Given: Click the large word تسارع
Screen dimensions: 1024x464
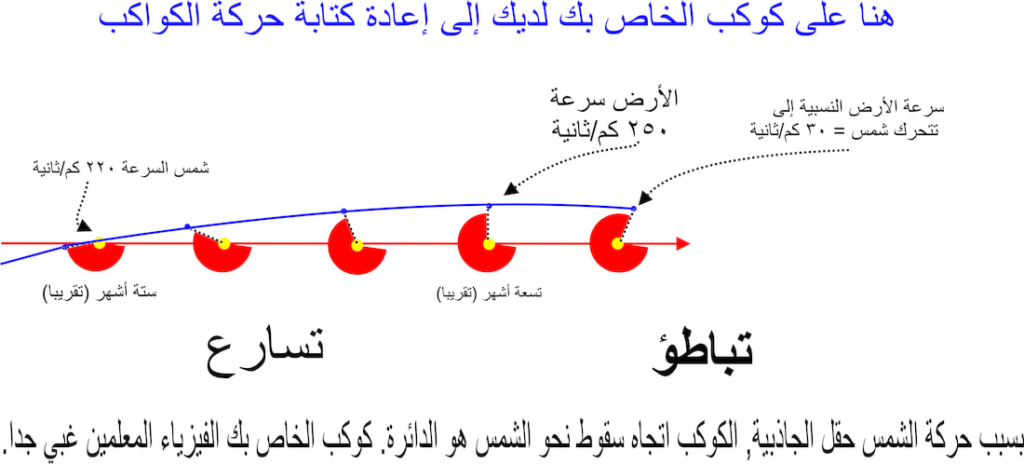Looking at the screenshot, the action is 265,355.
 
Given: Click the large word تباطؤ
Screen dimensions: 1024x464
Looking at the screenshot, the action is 704,352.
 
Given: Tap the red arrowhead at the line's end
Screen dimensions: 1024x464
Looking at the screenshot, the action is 683,244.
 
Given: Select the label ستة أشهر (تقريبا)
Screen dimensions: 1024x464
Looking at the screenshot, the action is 100,293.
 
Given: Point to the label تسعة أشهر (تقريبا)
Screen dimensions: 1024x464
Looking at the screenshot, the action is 490,293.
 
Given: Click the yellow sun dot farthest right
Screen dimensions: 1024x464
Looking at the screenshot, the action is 617,244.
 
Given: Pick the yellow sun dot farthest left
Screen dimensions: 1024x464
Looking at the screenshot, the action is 100,244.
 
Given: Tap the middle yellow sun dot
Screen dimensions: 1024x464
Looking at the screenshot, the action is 357,246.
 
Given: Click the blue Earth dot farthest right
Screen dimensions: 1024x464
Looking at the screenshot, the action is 633,209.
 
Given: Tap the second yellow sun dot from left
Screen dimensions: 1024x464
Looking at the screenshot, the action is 224,244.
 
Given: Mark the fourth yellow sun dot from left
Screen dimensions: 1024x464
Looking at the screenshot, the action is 489,244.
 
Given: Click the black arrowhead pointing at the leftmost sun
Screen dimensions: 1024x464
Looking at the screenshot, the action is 84,225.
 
